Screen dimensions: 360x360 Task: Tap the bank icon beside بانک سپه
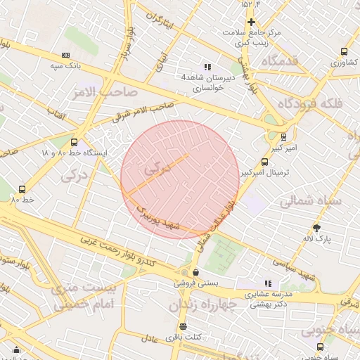click(65, 55)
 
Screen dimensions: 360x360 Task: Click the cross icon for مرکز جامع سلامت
click(251, 22)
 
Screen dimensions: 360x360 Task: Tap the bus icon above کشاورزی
click(344, 51)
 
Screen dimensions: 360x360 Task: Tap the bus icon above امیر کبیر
click(283, 137)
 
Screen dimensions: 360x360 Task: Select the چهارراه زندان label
click(194, 306)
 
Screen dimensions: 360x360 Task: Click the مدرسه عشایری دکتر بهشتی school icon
click(267, 283)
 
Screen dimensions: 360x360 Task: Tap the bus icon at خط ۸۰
click(22, 188)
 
